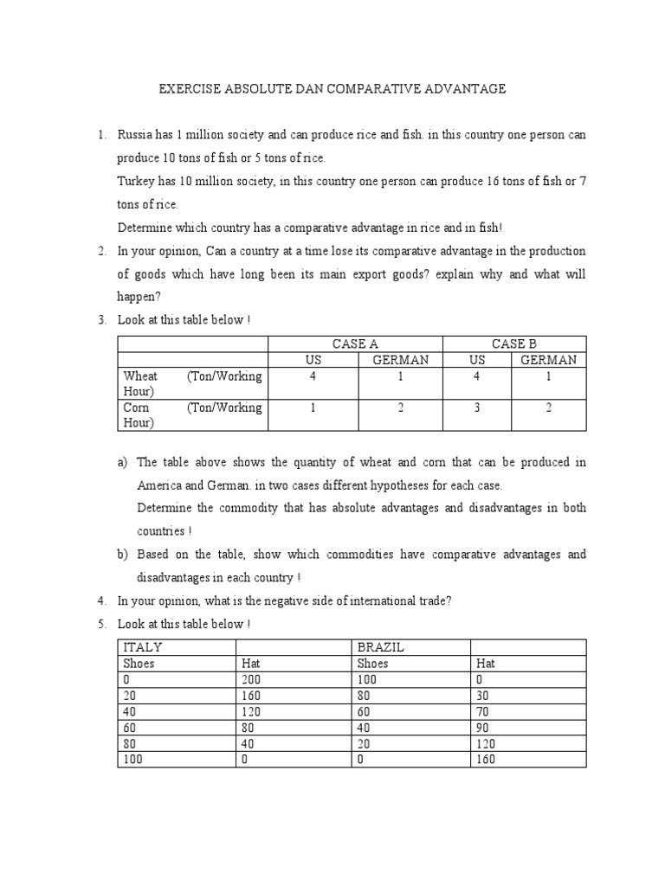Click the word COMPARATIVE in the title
click(x=388, y=88)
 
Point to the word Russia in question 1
click(x=136, y=136)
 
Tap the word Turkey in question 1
click(x=137, y=182)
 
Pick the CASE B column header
click(x=514, y=344)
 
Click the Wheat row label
click(x=141, y=376)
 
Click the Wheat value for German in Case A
click(x=400, y=376)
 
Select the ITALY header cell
click(x=144, y=647)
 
